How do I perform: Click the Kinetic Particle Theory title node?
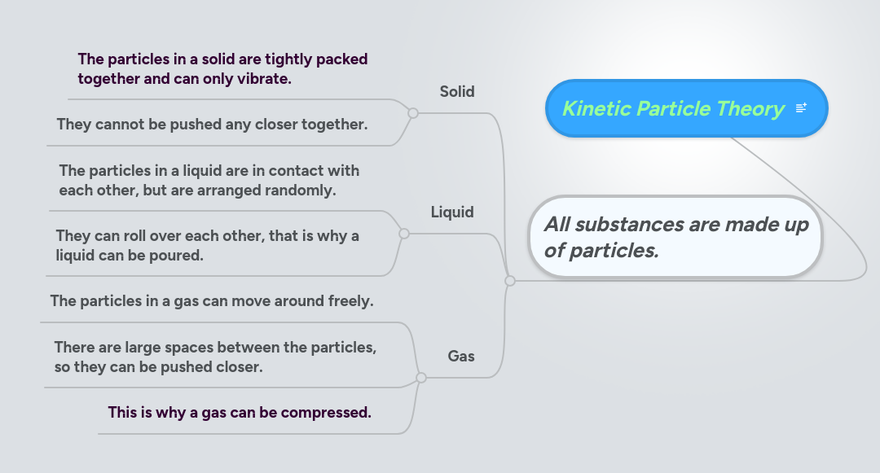tap(673, 108)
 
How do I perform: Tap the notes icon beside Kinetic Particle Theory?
tap(801, 108)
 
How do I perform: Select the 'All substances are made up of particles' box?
tap(675, 236)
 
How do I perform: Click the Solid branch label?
tap(457, 92)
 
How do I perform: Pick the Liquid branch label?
tap(452, 212)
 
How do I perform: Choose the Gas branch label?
tap(461, 356)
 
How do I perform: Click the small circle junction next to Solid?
tap(413, 113)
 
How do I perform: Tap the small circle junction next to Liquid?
tap(404, 234)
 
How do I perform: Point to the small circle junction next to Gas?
tap(421, 378)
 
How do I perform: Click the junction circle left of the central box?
tap(510, 281)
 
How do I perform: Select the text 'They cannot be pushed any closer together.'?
tap(212, 125)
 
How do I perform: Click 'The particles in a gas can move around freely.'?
tap(212, 301)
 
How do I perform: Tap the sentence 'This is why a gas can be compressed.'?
tap(240, 413)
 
